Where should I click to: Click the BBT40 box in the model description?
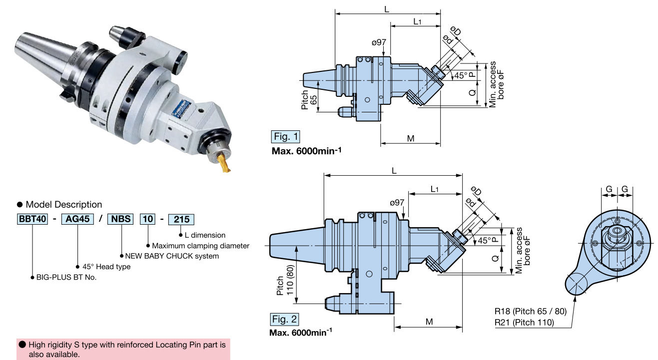point(32,219)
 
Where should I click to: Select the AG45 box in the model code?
point(77,219)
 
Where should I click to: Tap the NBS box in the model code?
point(120,219)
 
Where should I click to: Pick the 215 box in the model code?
point(181,219)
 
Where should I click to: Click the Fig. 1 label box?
point(286,136)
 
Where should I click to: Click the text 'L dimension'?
point(205,235)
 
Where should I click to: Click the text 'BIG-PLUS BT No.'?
point(66,277)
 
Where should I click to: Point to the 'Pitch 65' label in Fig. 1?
point(309,99)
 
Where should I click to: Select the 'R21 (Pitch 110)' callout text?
point(524,322)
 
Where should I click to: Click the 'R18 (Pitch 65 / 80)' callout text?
point(531,311)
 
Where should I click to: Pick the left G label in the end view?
point(609,189)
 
